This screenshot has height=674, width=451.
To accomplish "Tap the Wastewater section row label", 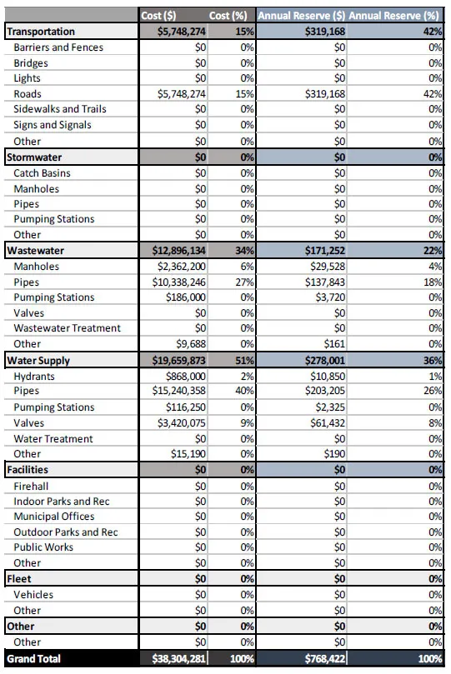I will [x=36, y=250].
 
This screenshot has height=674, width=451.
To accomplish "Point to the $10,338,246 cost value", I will [x=181, y=282].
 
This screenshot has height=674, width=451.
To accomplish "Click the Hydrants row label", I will [x=35, y=376].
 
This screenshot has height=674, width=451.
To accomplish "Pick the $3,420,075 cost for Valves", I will [x=181, y=422].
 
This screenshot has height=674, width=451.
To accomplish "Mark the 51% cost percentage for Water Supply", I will [x=243, y=360].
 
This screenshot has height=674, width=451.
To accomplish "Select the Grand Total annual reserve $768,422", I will [x=323, y=659].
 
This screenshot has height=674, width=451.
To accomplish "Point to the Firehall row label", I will [x=33, y=485].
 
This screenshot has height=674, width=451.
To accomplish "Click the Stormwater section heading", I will [x=34, y=157].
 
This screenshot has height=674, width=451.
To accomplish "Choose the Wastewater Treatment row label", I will [x=67, y=328].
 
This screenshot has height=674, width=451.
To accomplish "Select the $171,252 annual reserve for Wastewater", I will [x=321, y=250].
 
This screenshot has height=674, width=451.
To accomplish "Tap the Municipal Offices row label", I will [x=54, y=517].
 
